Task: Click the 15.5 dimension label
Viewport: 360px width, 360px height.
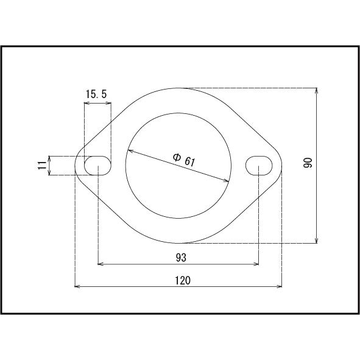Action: coord(96,94)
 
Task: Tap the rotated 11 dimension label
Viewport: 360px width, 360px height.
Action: coord(41,165)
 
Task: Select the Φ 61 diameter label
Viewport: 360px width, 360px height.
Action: coord(184,160)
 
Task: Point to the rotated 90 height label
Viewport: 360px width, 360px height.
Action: coord(308,163)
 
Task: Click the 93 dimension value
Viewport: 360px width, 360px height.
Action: coord(181,258)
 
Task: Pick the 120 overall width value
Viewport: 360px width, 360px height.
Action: coord(183,280)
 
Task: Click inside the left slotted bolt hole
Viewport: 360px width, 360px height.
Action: coord(97,166)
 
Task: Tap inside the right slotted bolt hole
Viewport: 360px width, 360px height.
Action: coord(259,166)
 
